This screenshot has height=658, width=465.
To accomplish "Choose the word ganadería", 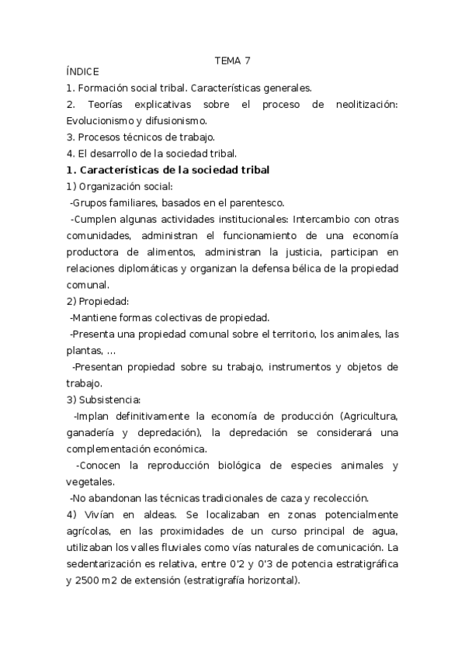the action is (95, 431).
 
